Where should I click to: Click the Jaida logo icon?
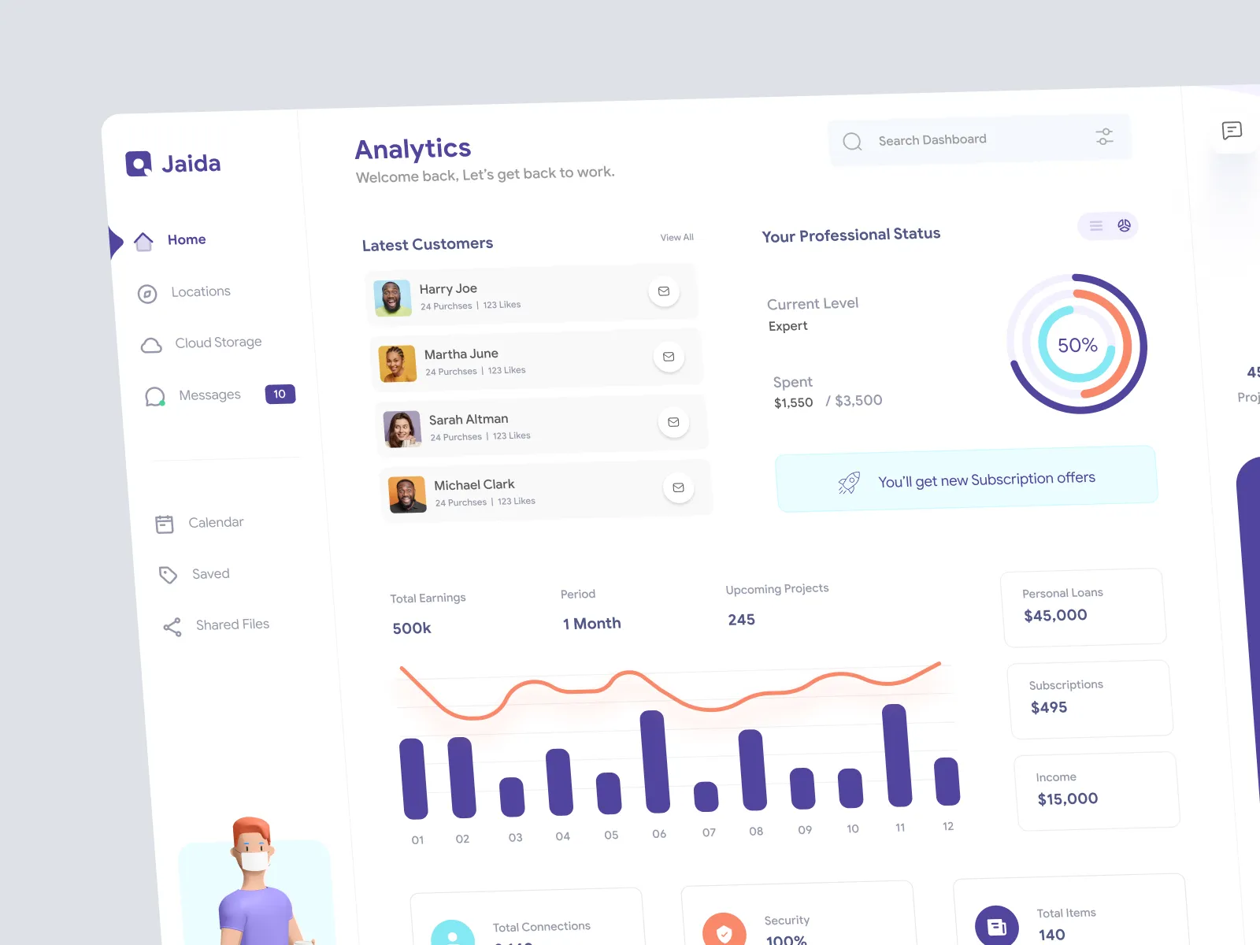coord(139,164)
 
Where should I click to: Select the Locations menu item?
coord(200,291)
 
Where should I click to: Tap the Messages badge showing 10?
coord(280,394)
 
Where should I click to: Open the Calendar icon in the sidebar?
coord(165,524)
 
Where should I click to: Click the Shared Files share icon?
coord(172,627)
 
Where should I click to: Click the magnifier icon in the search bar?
coord(852,142)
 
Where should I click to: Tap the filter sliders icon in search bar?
coord(1104,136)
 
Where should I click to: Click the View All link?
coord(676,237)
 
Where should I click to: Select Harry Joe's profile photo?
coord(392,298)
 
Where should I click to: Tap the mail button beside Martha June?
coord(669,357)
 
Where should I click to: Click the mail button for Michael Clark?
coord(678,487)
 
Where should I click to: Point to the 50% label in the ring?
coord(1077,345)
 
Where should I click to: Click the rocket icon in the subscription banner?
coord(849,482)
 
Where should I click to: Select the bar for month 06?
coord(655,762)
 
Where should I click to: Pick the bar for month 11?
coord(897,755)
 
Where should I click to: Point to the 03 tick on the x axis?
coord(515,837)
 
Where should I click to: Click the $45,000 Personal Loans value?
coord(1055,615)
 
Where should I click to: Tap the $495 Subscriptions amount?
coord(1049,707)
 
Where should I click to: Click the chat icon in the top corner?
coord(1232,131)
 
